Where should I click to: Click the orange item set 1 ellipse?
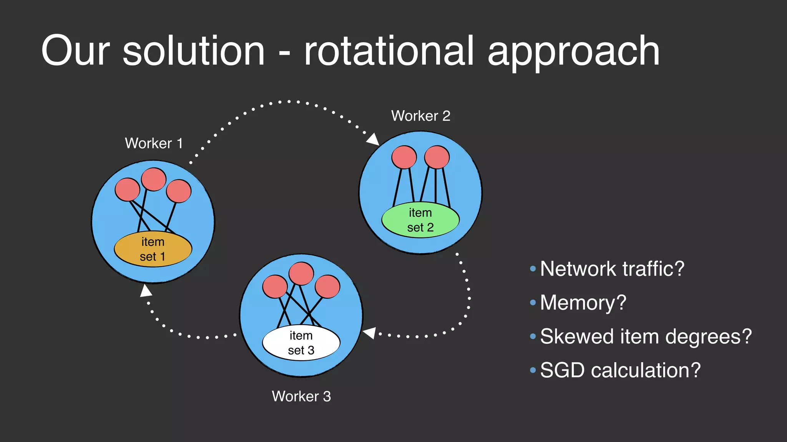pos(153,249)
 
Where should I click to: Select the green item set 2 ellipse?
pos(420,220)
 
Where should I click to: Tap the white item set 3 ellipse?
pos(301,343)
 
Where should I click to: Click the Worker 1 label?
pos(154,143)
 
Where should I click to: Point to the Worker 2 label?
pos(420,116)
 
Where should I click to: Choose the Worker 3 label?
pos(301,396)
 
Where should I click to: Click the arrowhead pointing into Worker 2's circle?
pos(373,139)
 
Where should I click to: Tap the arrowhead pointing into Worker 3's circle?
pos(369,333)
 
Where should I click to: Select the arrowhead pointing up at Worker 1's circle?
pos(146,291)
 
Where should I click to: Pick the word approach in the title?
pos(573,52)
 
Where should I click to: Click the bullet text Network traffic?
pos(612,269)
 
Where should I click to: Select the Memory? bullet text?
pos(583,303)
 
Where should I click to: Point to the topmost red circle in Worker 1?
pos(154,179)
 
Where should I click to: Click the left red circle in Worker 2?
pos(404,157)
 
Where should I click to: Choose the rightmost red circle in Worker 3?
pos(327,287)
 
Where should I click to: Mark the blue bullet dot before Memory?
pos(533,303)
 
